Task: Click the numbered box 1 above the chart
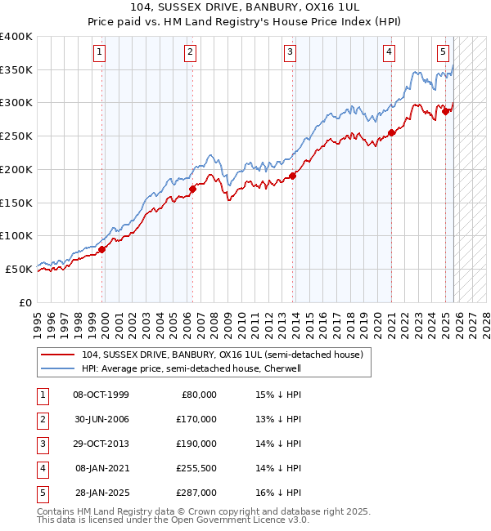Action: coord(99,52)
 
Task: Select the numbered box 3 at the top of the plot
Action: coord(291,52)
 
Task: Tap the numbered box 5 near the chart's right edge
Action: coord(443,52)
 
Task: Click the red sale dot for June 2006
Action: coord(192,189)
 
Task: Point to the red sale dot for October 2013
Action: coord(292,176)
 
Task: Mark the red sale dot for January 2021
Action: coord(391,132)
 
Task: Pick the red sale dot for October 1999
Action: coord(102,249)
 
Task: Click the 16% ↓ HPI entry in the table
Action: coord(278,493)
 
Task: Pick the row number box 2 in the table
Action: coord(41,419)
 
